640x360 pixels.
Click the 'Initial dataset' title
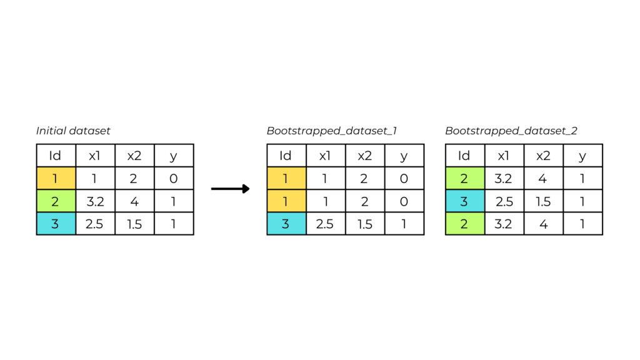point(73,131)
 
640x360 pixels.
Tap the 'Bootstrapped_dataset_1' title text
point(331,131)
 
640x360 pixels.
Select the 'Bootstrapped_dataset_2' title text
point(511,131)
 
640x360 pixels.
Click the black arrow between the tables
point(230,189)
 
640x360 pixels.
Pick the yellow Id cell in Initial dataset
point(56,178)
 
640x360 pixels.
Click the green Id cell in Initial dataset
point(56,201)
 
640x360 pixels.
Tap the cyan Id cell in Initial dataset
point(56,224)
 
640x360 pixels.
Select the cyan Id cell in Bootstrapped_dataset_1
point(286,224)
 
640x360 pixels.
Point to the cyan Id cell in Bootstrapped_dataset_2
point(465,201)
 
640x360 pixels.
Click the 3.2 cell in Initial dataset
point(95,201)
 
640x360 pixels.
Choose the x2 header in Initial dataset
point(134,156)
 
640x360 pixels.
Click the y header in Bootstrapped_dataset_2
point(583,156)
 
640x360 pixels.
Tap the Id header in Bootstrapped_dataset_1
point(286,156)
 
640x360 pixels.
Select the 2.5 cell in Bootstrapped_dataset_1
point(326,224)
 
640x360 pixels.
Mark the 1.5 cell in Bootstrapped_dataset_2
point(544,201)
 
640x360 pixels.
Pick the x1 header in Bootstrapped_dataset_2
point(504,156)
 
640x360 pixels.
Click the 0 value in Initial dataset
point(174,178)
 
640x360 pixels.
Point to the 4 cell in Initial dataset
point(134,201)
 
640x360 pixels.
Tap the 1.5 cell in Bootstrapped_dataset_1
point(365,224)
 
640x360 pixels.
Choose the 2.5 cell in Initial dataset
point(95,224)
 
